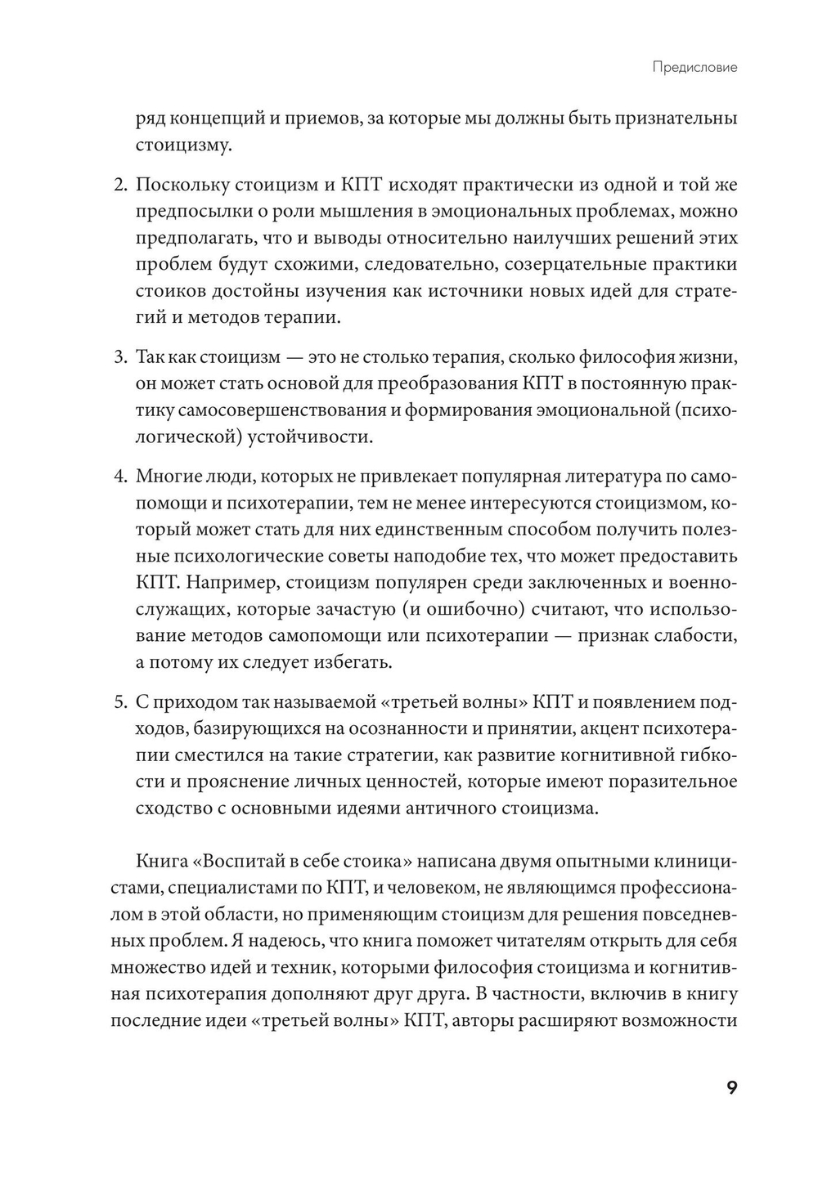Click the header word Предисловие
(x=694, y=67)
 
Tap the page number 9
(x=731, y=1088)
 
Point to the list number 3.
(x=118, y=357)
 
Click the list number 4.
(x=118, y=476)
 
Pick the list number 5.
(x=118, y=701)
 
